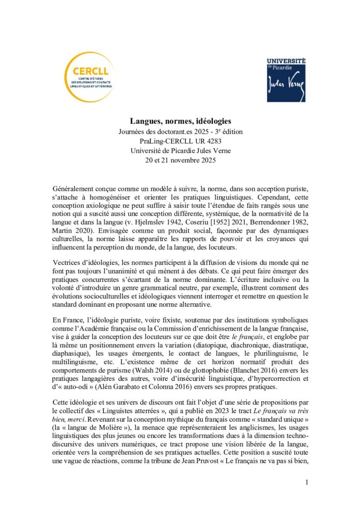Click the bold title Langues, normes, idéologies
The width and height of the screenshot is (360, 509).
pos(180,121)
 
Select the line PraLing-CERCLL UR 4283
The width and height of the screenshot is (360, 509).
pos(180,142)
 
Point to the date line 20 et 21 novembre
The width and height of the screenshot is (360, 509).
pos(180,162)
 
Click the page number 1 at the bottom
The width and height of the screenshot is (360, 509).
pos(307,482)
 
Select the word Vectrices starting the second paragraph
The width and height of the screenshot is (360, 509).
pos(68,262)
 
